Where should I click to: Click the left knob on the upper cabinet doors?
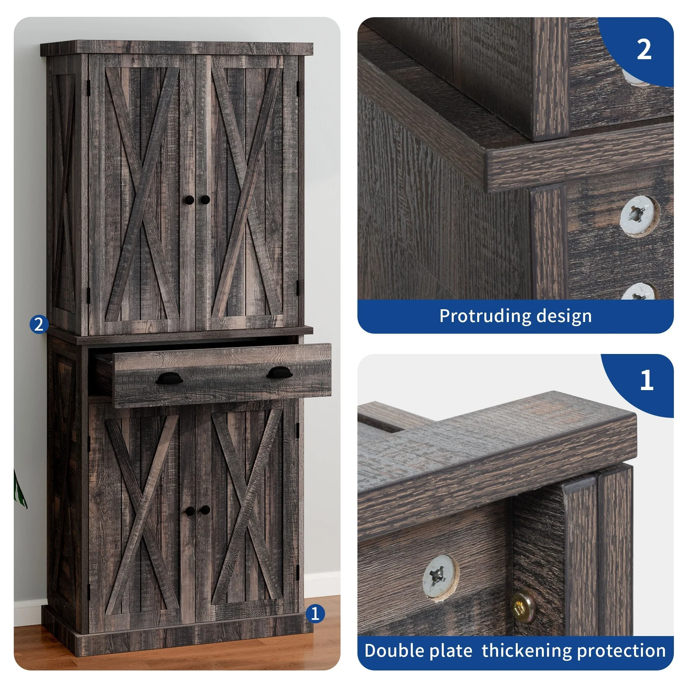click(190, 200)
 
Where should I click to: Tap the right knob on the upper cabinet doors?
click(205, 200)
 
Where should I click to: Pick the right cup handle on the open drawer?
click(280, 373)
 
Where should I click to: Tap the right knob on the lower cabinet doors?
click(205, 510)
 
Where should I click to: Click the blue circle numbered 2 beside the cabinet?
click(39, 324)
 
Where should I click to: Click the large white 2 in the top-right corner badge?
click(644, 50)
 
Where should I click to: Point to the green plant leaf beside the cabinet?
click(20, 488)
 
